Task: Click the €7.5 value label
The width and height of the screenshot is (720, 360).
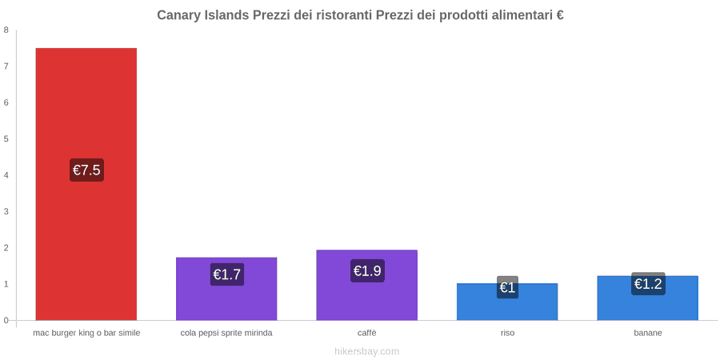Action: coord(86,170)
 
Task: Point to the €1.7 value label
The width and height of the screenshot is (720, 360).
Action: coord(227,274)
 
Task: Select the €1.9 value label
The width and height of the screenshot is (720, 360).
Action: coord(367,270)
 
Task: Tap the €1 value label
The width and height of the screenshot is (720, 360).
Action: coord(507,287)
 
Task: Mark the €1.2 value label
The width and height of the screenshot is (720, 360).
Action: coord(648,284)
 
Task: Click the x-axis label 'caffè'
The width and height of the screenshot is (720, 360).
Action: coord(367,333)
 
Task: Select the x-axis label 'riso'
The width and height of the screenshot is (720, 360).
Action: coord(507,333)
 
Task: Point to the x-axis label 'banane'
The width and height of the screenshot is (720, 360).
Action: coord(648,333)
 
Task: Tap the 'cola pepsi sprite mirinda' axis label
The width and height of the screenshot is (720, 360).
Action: coord(226,333)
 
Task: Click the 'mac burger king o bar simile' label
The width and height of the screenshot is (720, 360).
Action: coord(86,333)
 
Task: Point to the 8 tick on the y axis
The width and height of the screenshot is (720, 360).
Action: coord(6,30)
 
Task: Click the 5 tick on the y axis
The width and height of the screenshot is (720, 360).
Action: coord(6,138)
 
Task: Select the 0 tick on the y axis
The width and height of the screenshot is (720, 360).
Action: coord(6,321)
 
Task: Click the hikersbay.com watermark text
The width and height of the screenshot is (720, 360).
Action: coord(367,351)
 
